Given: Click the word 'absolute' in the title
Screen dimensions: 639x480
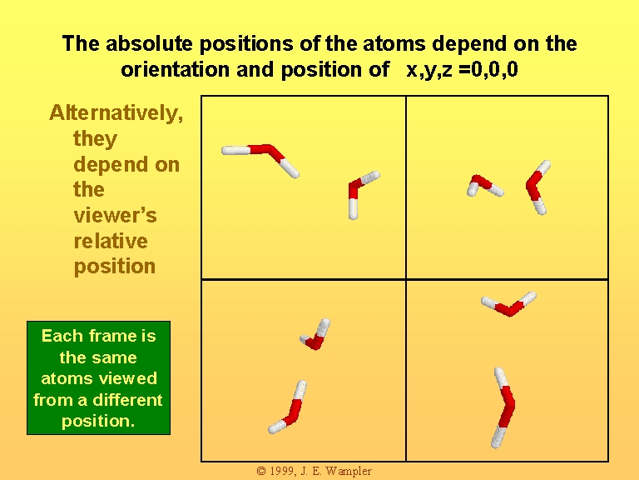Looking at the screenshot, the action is [x=149, y=43].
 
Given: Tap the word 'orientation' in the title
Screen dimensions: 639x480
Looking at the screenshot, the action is [x=176, y=70].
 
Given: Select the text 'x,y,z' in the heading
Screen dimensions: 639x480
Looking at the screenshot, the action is [x=429, y=70].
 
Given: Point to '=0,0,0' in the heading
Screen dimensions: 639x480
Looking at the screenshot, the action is [x=488, y=69].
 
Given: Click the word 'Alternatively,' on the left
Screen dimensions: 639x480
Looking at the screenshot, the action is [x=116, y=112].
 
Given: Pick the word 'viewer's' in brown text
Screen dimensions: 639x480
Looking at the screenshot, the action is [x=116, y=215].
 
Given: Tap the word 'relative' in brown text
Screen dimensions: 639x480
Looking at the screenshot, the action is [x=111, y=241].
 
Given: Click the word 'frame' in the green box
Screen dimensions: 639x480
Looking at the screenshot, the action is [x=112, y=336].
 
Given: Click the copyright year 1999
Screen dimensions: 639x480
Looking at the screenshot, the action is [x=282, y=471].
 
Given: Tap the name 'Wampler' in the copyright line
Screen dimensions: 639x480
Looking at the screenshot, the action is [x=349, y=472].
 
